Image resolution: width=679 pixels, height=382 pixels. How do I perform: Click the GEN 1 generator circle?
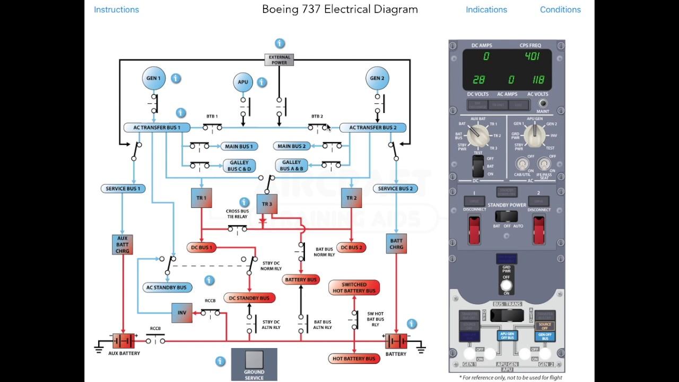pyautogui.click(x=154, y=79)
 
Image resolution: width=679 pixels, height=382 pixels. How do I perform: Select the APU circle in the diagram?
pyautogui.click(x=243, y=82)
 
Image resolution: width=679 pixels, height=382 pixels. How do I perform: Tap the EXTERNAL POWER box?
pyautogui.click(x=280, y=60)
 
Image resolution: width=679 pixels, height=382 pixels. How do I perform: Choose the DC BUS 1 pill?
pyautogui.click(x=201, y=248)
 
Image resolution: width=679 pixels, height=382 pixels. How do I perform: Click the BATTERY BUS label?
pyautogui.click(x=301, y=280)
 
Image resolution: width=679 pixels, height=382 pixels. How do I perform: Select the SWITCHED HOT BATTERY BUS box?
pyautogui.click(x=354, y=288)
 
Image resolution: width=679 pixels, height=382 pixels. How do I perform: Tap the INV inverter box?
pyautogui.click(x=182, y=313)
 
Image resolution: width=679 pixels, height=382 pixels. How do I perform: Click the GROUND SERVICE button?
pyautogui.click(x=254, y=364)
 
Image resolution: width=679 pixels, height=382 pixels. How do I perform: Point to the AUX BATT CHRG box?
pyautogui.click(x=123, y=245)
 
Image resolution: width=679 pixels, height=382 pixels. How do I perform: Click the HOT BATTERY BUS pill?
pyautogui.click(x=354, y=359)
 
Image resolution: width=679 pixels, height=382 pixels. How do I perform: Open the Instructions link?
pyautogui.click(x=116, y=10)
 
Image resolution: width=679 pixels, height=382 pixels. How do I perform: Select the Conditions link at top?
pyautogui.click(x=560, y=10)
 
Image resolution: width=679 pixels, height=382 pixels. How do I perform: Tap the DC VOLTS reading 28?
pyautogui.click(x=479, y=80)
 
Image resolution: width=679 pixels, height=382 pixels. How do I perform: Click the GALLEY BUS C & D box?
pyautogui.click(x=239, y=166)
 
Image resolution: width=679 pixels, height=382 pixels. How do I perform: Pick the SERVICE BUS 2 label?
pyautogui.click(x=395, y=188)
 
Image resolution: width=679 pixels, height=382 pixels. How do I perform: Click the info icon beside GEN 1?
pyautogui.click(x=176, y=79)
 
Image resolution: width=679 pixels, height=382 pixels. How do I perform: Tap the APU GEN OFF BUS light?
pyautogui.click(x=508, y=335)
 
